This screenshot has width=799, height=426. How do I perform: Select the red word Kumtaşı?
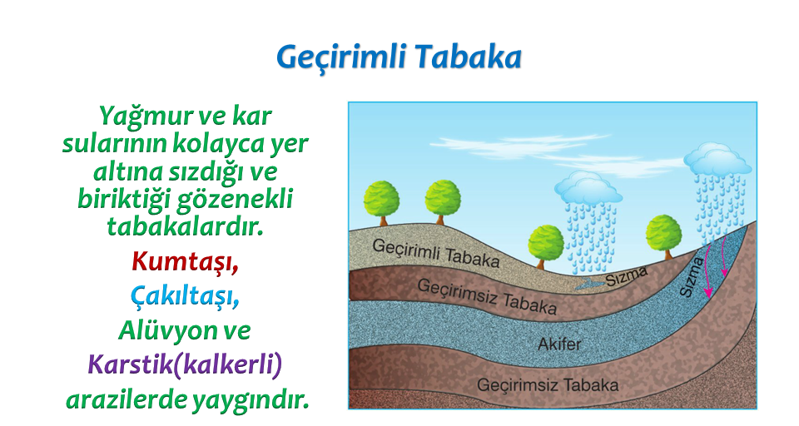(x=185, y=262)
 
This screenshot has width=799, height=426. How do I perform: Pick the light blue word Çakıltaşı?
(x=185, y=296)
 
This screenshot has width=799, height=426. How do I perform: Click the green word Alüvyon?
(x=164, y=329)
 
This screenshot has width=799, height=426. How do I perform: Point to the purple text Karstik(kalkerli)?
(x=185, y=365)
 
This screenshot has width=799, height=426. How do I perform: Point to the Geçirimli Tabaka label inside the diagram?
(x=435, y=253)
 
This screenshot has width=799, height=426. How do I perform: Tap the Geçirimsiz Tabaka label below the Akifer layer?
(x=548, y=384)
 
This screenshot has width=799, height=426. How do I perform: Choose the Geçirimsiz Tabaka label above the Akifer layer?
(x=487, y=296)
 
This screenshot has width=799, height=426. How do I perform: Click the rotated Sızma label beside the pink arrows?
(x=692, y=277)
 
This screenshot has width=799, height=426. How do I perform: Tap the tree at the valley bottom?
(x=546, y=247)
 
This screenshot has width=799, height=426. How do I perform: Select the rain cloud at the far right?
(x=717, y=158)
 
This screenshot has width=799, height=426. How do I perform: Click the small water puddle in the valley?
(x=589, y=285)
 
